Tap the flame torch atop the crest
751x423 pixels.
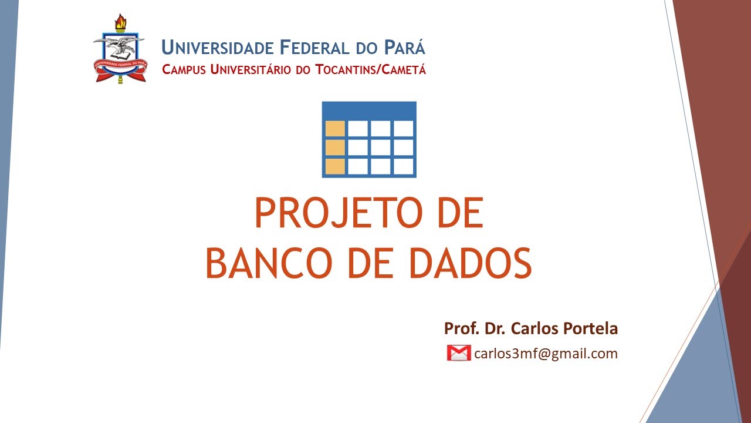point(121,23)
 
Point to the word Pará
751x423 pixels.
point(405,48)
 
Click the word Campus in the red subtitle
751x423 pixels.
point(184,69)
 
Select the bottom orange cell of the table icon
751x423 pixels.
point(335,166)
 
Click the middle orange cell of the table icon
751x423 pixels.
point(335,147)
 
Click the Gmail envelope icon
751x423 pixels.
point(458,353)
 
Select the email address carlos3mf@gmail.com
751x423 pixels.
point(546,354)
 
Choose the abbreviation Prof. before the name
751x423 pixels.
point(459,328)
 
